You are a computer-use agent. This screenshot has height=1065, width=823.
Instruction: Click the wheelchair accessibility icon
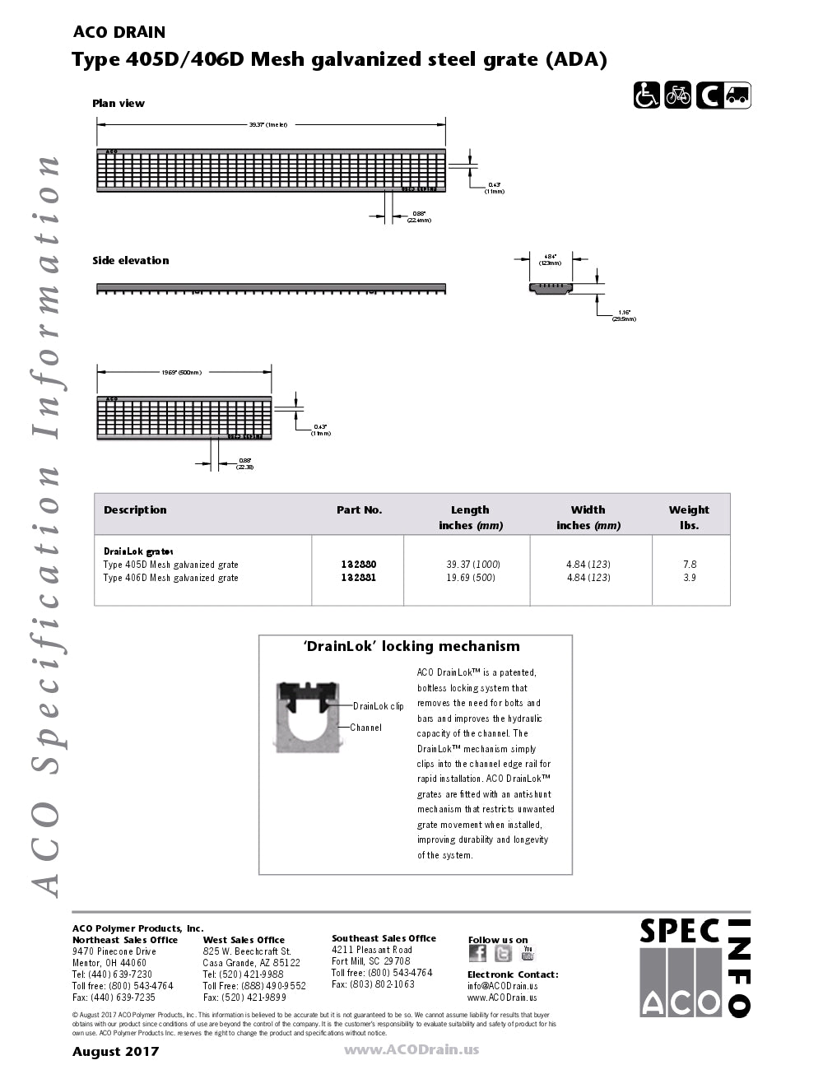pos(647,95)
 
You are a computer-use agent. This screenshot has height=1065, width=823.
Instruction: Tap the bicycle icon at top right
pos(678,95)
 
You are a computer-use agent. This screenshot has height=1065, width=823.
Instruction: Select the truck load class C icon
pos(723,95)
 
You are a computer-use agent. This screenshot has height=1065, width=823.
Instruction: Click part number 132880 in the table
pos(359,565)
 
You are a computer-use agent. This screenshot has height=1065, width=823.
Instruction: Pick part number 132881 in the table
pos(359,578)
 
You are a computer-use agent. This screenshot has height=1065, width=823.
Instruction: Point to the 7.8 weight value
pos(690,565)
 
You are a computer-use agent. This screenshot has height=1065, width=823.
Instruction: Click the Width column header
pos(588,510)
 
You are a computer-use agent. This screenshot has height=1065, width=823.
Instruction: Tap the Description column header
pos(135,510)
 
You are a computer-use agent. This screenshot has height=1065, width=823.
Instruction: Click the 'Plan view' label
pos(119,104)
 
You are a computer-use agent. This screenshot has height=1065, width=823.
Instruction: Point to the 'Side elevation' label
pos(131,261)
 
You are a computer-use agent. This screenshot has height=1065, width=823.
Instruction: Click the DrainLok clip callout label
pos(379,706)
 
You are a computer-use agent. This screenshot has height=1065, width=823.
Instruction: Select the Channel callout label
pos(366,728)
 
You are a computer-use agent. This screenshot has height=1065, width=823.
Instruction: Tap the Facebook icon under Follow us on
pos(477,953)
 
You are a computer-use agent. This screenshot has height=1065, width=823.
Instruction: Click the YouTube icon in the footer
pos(528,953)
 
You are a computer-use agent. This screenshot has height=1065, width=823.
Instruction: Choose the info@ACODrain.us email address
pos(503,986)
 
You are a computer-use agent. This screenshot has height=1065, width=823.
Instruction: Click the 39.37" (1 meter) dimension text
pos(268,125)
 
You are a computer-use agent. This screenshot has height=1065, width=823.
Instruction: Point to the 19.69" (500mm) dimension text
pos(181,373)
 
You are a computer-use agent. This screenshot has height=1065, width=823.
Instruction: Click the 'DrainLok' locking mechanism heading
pos(412,647)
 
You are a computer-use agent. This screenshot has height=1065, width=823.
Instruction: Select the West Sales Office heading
pos(244,940)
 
